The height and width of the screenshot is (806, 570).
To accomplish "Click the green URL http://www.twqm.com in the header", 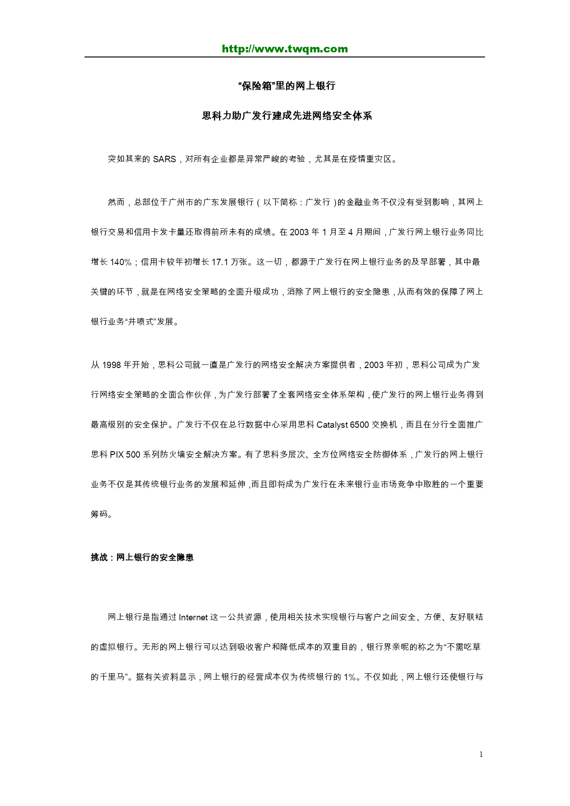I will (x=285, y=49).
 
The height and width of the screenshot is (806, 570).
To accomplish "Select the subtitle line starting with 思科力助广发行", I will (x=287, y=116).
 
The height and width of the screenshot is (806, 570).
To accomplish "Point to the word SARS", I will (x=164, y=159).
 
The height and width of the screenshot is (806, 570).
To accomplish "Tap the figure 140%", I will (x=121, y=262).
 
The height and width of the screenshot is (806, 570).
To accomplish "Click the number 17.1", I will (x=220, y=262).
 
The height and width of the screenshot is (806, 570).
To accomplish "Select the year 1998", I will (x=111, y=365).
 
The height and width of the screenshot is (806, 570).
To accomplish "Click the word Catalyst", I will (x=332, y=425).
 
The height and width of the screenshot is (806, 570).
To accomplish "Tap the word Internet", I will (x=193, y=617).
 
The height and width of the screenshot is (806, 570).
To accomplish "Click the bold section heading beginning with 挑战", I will (x=142, y=557).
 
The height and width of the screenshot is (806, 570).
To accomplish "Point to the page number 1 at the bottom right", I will (x=481, y=754).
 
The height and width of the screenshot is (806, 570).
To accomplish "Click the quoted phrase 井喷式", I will (x=141, y=322).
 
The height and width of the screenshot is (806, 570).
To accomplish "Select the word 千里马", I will (x=112, y=677).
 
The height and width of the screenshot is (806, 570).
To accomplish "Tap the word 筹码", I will (x=99, y=514).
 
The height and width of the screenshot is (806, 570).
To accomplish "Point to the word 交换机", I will (x=384, y=425).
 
